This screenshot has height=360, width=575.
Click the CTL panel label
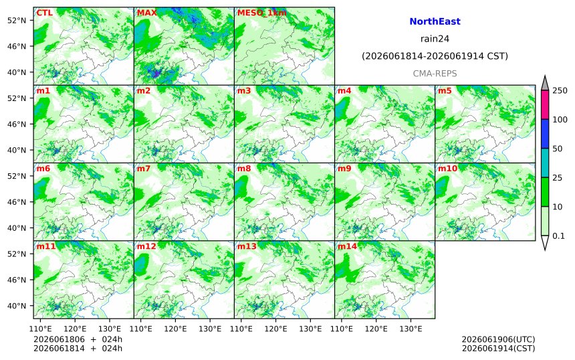pyautogui.click(x=44, y=13)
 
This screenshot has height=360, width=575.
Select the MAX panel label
pyautogui.click(x=146, y=13)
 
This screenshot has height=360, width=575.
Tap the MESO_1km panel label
pyautogui.click(x=262, y=13)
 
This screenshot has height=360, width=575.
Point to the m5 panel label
pyautogui.click(x=445, y=90)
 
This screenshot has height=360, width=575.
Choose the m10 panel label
pyautogui.click(x=448, y=169)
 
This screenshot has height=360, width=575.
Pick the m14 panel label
pyautogui.click(x=347, y=246)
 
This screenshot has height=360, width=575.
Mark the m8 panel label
pyautogui.click(x=244, y=169)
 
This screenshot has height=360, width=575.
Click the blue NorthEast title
pyautogui.click(x=435, y=21)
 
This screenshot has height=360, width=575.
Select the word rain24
pyautogui.click(x=435, y=39)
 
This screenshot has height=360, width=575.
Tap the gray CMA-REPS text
pyautogui.click(x=435, y=74)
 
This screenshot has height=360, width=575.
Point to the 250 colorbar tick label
pyautogui.click(x=560, y=90)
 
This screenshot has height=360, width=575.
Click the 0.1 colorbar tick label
pyautogui.click(x=558, y=236)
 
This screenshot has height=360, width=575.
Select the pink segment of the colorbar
pyautogui.click(x=545, y=104)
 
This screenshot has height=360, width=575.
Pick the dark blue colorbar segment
pyautogui.click(x=545, y=134)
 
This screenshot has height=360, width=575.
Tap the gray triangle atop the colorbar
pyautogui.click(x=545, y=84)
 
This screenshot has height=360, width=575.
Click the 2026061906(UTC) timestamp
pyautogui.click(x=498, y=339)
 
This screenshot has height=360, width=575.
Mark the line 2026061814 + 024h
pyautogui.click(x=78, y=348)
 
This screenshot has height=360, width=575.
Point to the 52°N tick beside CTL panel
pyautogui.click(x=17, y=20)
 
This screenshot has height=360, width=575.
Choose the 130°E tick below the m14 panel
pyautogui.click(x=411, y=329)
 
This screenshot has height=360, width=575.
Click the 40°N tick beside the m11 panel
pyautogui.click(x=17, y=306)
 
